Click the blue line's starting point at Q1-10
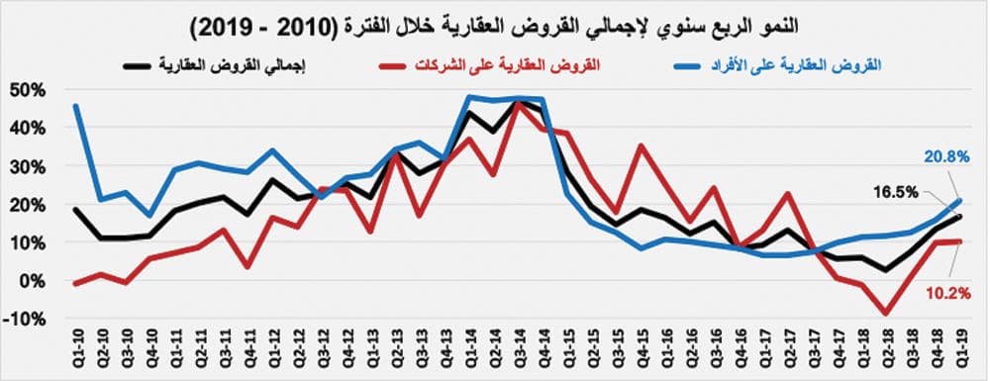[76, 106]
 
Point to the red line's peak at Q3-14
[517, 103]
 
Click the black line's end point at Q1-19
[959, 217]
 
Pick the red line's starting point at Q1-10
[76, 284]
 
